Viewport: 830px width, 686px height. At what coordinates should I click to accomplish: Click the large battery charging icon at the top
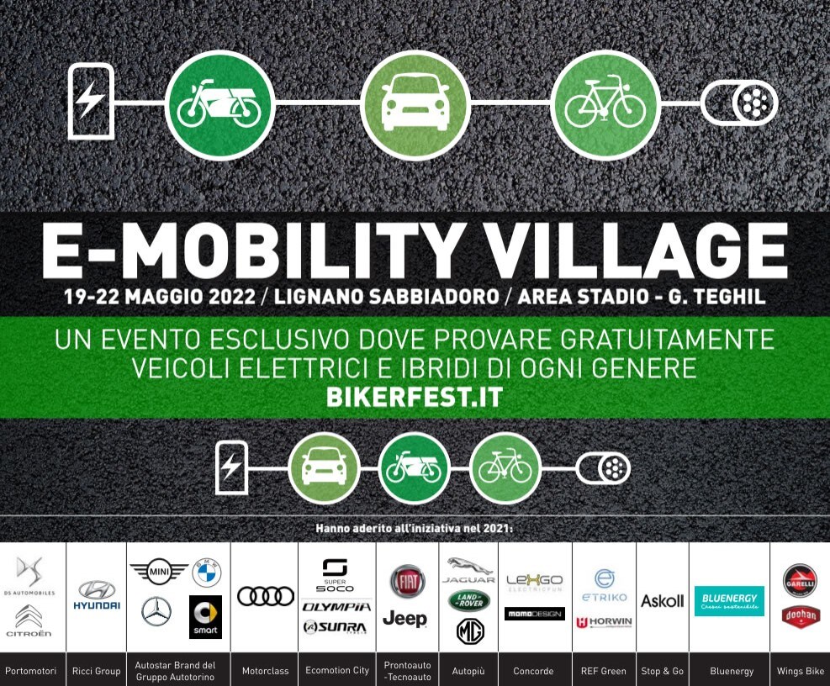point(92,101)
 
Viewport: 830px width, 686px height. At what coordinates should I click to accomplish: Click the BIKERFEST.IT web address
point(414,397)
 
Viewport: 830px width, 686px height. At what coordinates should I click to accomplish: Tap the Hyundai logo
point(96,594)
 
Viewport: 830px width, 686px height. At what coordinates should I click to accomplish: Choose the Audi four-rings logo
point(265,596)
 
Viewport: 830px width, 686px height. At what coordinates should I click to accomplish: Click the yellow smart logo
point(205,617)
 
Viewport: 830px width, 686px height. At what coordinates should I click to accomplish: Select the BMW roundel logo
point(206,573)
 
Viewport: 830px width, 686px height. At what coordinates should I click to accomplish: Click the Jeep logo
point(405,619)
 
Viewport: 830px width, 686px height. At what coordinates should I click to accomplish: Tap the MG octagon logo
point(470,631)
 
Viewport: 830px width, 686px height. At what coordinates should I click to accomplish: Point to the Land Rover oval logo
point(469,599)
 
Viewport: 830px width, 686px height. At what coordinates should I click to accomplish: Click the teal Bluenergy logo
point(729,601)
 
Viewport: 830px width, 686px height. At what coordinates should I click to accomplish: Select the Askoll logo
point(663,601)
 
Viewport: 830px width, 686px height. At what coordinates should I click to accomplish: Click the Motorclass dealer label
point(265,671)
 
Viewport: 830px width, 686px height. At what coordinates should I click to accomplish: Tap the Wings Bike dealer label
point(800,671)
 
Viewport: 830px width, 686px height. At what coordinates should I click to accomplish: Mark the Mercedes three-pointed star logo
point(156,611)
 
